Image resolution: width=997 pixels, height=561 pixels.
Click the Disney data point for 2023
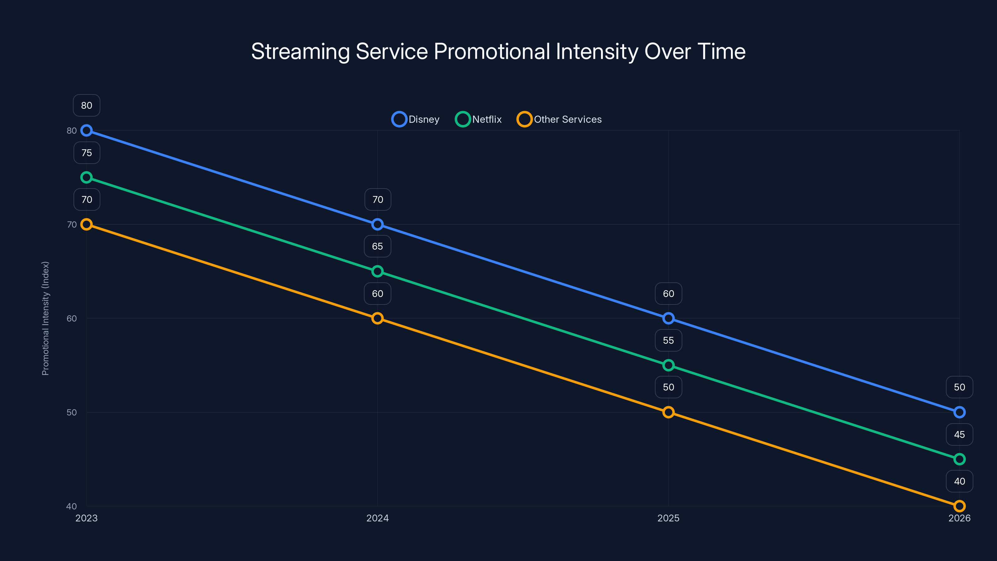(86, 131)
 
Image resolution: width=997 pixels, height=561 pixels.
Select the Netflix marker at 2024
(377, 271)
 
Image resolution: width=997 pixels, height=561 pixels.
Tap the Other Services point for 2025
(668, 412)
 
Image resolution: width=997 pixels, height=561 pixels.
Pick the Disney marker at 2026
(960, 412)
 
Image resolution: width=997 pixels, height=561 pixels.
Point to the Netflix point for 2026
(960, 459)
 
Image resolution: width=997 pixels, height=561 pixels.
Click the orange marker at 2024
(377, 318)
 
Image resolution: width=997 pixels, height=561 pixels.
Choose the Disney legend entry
(416, 119)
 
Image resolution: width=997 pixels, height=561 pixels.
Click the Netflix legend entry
(479, 119)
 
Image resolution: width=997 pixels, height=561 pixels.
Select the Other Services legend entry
(560, 119)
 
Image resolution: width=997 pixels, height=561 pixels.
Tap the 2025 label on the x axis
(668, 518)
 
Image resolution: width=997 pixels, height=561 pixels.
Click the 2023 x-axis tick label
(86, 518)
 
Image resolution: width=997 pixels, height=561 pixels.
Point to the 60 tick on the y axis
(72, 318)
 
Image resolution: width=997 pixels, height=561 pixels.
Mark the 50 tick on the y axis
(72, 412)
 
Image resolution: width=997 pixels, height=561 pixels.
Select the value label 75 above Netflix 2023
(87, 153)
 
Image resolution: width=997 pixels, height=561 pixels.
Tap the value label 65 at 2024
(377, 246)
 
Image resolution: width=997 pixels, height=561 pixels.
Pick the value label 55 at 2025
(668, 340)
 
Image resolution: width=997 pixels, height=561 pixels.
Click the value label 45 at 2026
(960, 434)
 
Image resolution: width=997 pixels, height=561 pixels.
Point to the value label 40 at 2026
(960, 481)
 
